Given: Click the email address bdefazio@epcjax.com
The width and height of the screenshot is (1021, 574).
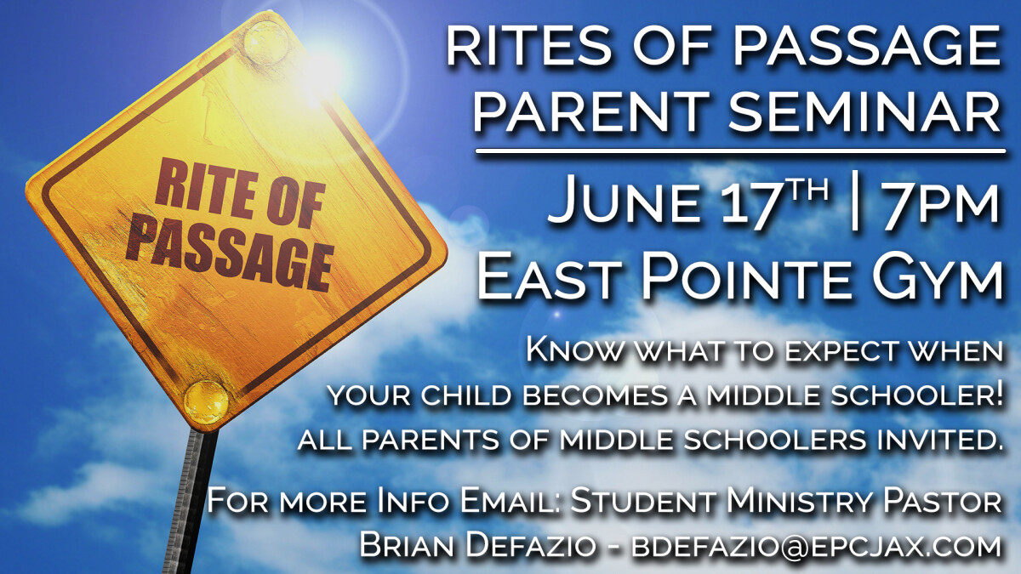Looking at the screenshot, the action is [816, 545].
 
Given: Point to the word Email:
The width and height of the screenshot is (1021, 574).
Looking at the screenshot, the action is [511, 501].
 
